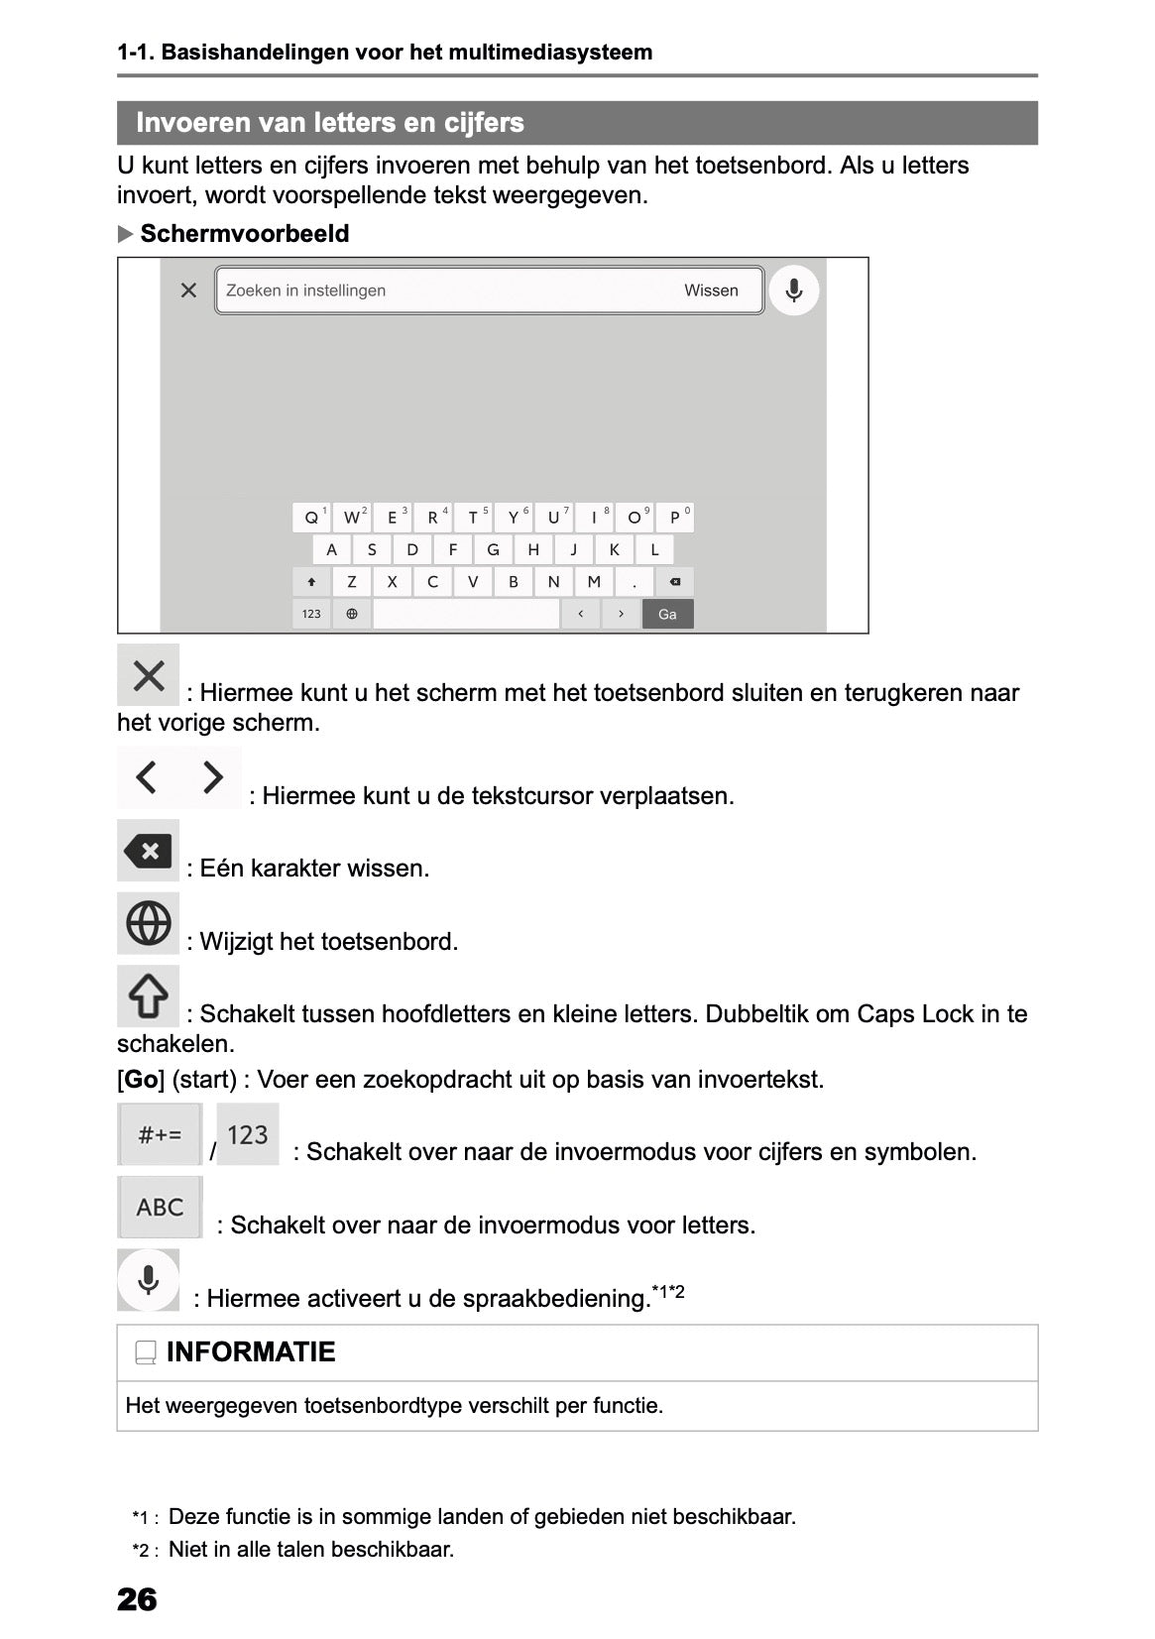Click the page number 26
tap(137, 1598)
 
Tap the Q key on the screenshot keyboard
tap(311, 518)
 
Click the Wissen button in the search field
tap(711, 291)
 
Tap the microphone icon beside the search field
tap(793, 291)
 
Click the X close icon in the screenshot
tap(188, 291)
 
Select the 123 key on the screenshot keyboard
tap(311, 614)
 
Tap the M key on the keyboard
tap(594, 582)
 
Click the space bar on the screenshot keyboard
tap(466, 614)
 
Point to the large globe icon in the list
tap(149, 924)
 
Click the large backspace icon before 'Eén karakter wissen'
tap(149, 851)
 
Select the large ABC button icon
tap(160, 1207)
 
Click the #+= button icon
tap(160, 1134)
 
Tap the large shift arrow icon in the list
tap(149, 996)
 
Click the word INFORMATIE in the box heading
tap(251, 1351)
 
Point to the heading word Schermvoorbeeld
tap(245, 234)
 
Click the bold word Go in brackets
tap(141, 1079)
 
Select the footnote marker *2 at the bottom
tap(145, 1550)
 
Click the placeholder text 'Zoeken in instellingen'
tap(305, 291)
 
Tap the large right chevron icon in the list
tap(212, 777)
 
